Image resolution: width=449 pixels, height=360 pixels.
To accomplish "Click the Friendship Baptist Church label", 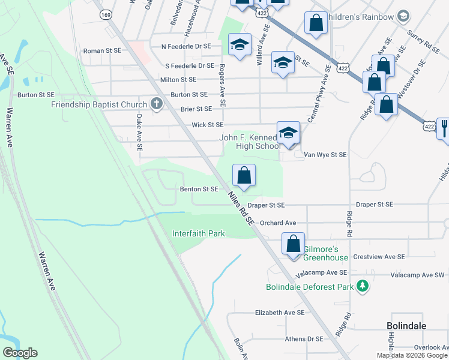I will point(99,104).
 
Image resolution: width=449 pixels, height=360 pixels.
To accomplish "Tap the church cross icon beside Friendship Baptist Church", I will point(156,104).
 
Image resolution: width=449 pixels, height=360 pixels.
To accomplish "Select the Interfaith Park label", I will point(198,233).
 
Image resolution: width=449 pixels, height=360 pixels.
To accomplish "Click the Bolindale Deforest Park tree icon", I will point(361,286).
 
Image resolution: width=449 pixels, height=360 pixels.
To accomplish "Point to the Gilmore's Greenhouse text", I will point(325,253).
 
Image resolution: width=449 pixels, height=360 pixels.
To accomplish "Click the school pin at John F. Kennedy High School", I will point(288,133).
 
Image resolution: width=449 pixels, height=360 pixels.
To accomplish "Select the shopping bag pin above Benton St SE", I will point(244,176).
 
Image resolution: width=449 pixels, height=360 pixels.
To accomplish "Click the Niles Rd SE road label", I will point(241,208).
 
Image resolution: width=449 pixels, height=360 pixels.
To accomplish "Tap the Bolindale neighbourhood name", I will point(406,325).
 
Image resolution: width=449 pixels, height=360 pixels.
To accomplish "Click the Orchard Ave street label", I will point(278,223).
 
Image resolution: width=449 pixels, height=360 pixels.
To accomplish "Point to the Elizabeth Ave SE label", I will point(280,313).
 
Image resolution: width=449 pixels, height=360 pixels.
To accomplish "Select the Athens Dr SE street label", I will point(304,339).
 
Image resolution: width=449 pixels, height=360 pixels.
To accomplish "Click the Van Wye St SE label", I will point(325,154).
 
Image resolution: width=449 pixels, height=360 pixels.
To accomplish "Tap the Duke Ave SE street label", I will point(139,133).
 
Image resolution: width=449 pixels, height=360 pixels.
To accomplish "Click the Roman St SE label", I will point(102,52).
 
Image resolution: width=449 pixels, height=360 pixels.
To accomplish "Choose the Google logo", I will point(20,353).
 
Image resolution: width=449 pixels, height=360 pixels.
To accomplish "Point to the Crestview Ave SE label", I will point(379,256).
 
